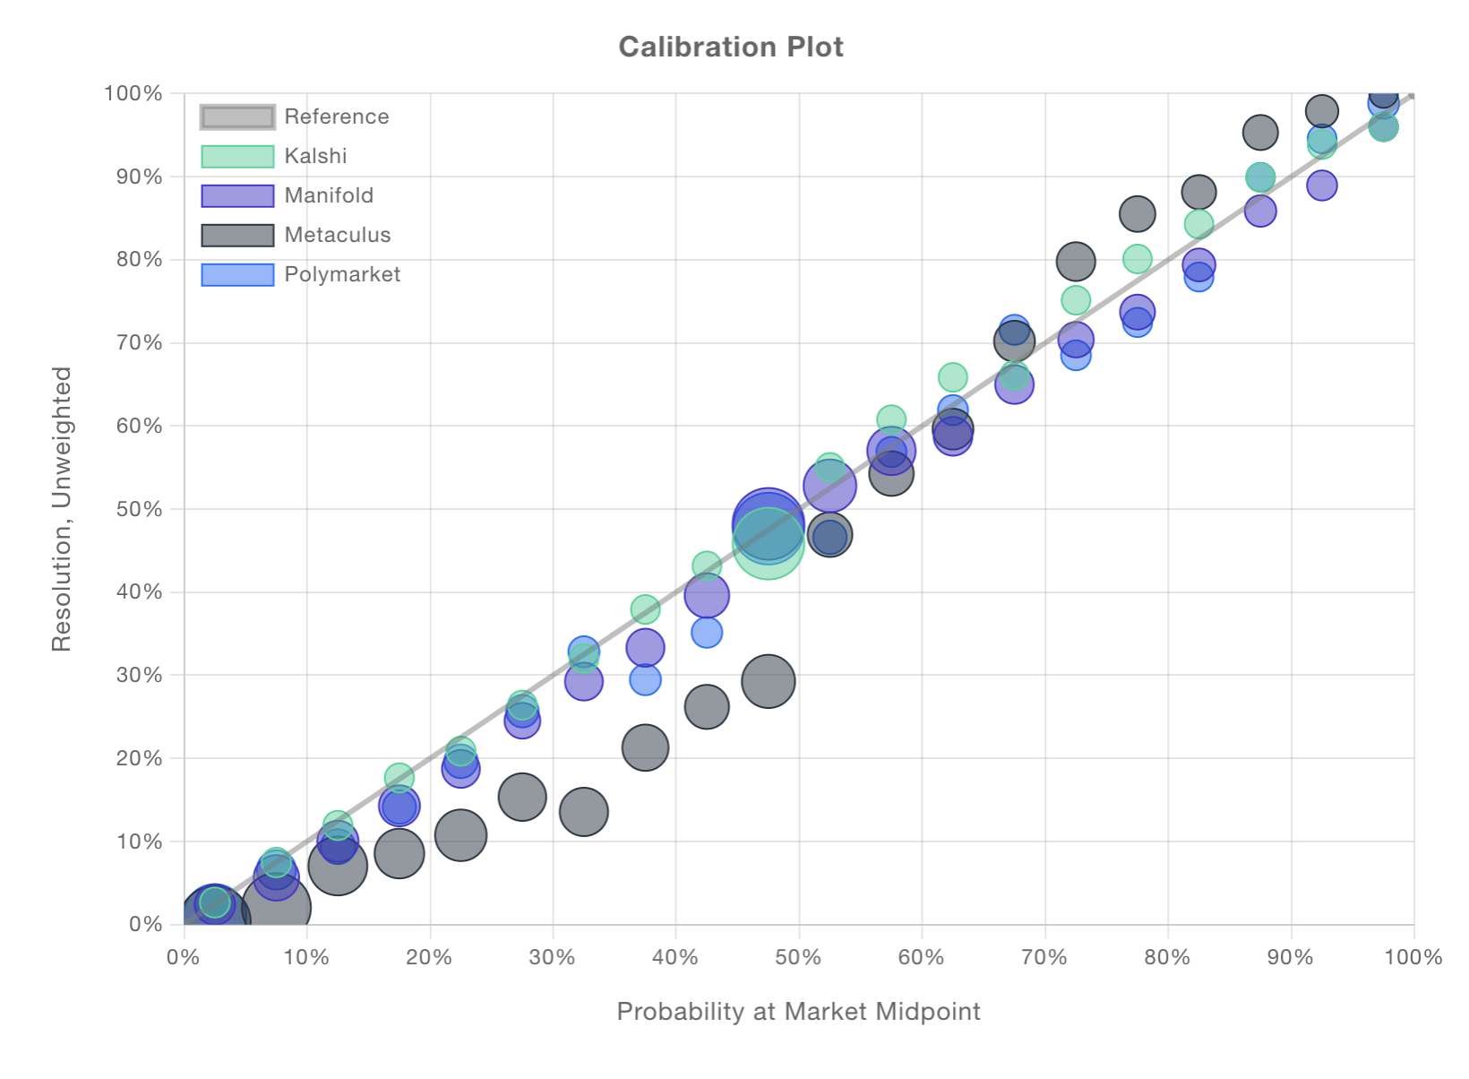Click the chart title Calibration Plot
[731, 47]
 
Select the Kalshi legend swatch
[237, 156]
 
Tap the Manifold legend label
[329, 195]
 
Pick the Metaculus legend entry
[337, 235]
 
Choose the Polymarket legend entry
[342, 274]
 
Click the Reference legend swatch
[237, 117]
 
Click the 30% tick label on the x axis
[552, 957]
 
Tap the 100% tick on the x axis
[1413, 957]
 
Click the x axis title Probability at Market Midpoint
[798, 1011]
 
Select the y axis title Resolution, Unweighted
[61, 508]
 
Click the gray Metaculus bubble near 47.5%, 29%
[768, 681]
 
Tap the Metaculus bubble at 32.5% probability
[584, 812]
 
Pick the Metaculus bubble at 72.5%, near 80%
[1076, 262]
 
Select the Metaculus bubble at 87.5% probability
[1260, 133]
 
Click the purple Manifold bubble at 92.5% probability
[1322, 186]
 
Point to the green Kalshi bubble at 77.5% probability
[1138, 259]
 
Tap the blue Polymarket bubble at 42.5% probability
[707, 633]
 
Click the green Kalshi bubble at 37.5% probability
[645, 610]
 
